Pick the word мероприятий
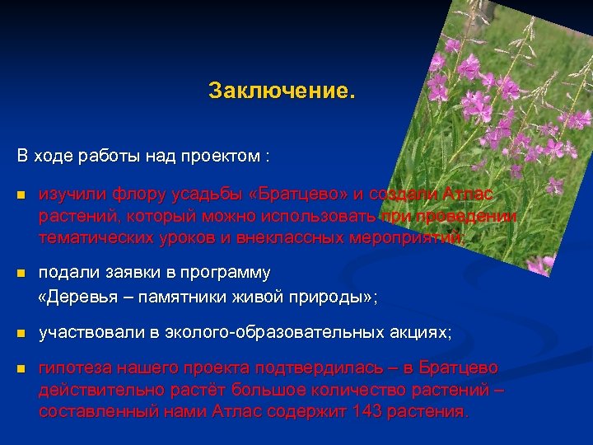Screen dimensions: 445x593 click(x=417, y=237)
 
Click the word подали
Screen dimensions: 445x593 click(x=66, y=272)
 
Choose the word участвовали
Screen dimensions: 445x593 click(x=91, y=333)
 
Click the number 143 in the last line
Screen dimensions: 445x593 click(x=366, y=410)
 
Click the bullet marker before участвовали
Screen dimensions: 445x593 click(x=21, y=334)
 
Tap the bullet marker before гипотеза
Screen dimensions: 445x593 click(x=21, y=368)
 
